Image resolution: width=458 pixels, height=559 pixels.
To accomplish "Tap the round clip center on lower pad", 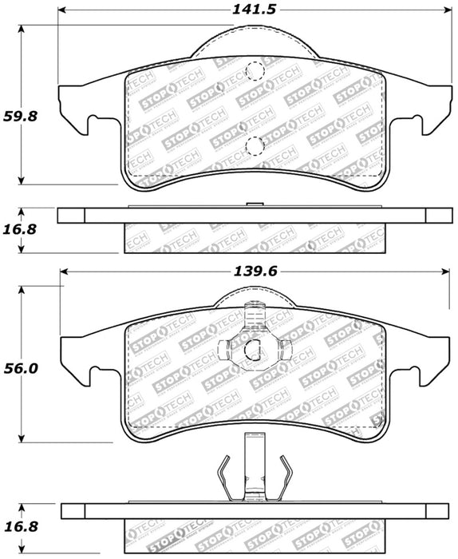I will point(255,349).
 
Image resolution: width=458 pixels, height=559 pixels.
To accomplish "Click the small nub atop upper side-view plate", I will point(255,205).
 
